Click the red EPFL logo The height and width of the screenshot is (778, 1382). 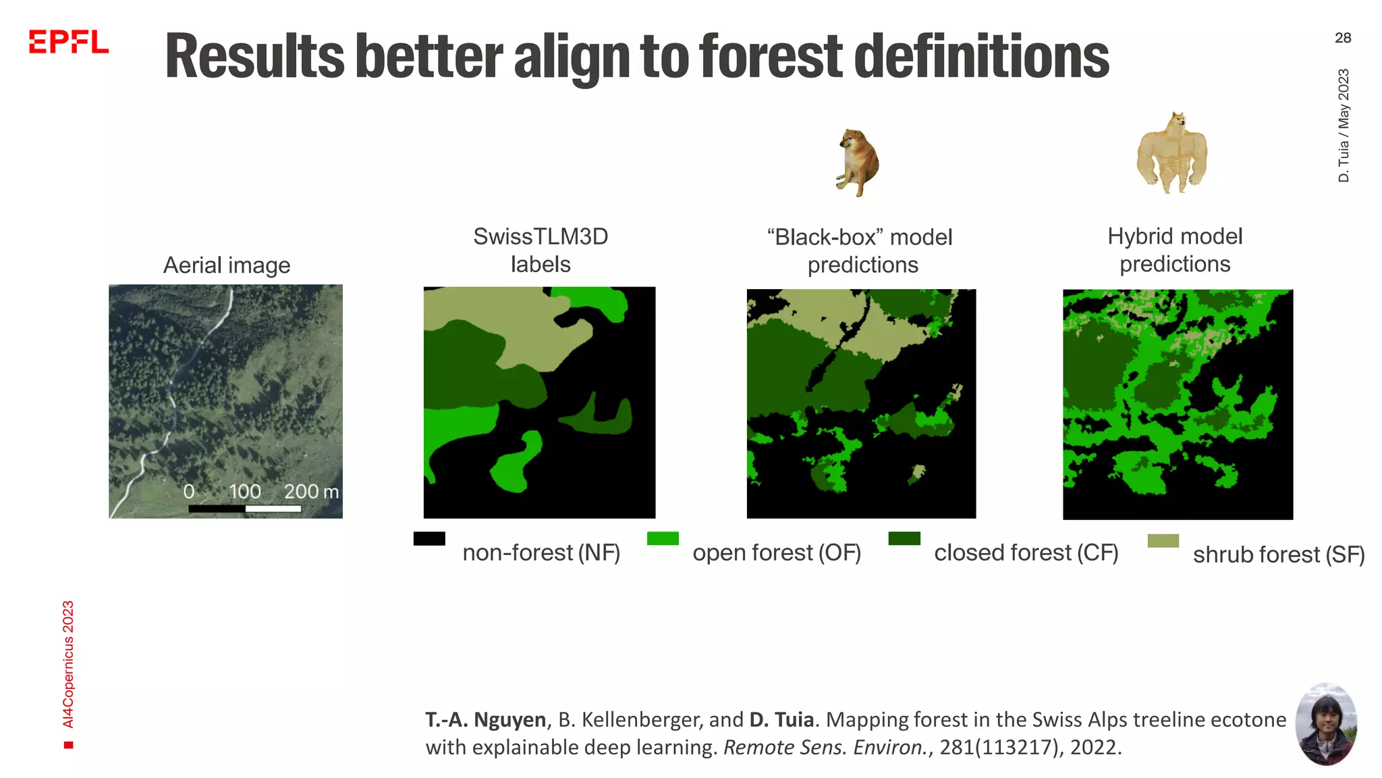point(68,42)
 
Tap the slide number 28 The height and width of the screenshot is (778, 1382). point(1342,38)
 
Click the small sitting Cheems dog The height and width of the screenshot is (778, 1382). point(857,162)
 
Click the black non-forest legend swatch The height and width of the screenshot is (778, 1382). point(429,538)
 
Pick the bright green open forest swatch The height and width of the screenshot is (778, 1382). point(662,538)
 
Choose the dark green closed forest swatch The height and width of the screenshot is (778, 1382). point(904,538)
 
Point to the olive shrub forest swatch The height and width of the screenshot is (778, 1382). point(1163,540)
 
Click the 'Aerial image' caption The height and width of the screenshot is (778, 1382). point(227,265)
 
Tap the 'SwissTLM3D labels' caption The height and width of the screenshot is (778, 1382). point(541,250)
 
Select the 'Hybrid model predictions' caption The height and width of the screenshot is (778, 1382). point(1175,250)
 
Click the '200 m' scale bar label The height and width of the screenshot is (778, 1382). point(310,491)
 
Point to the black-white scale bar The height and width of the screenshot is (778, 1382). point(245,509)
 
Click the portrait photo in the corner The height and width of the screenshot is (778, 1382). point(1326,723)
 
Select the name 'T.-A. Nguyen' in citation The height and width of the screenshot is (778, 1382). point(485,720)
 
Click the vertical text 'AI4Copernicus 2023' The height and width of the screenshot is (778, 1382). point(68,665)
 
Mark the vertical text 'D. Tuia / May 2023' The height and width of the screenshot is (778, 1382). point(1343,125)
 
